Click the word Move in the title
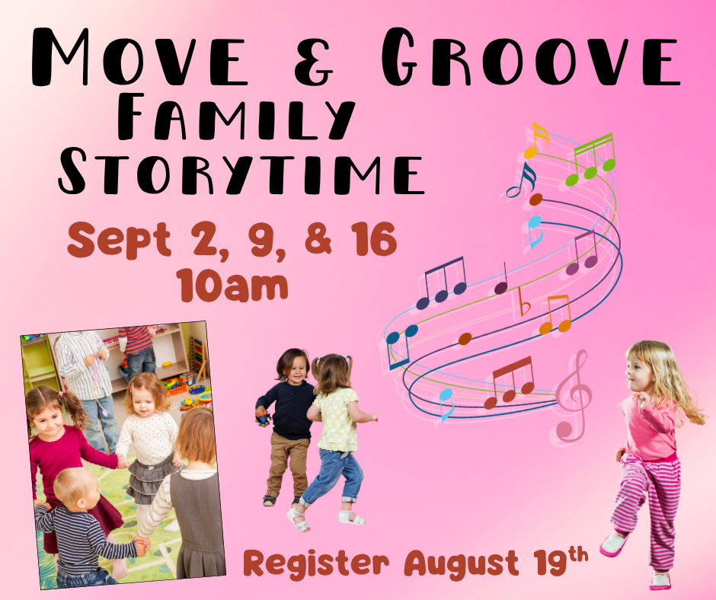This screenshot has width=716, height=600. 139,57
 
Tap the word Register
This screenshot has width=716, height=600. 316,563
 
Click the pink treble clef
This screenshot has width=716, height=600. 573,396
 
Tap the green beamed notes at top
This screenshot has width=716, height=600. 590,160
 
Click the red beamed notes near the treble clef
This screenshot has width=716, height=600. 510,383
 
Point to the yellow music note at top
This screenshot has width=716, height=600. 536,140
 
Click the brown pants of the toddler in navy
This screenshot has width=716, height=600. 288,464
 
